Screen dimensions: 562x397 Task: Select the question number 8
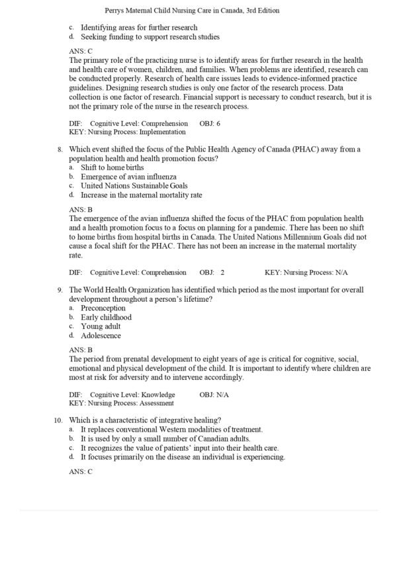coord(60,150)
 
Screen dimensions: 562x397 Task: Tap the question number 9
coord(60,290)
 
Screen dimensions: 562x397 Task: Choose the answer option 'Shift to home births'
coord(112,168)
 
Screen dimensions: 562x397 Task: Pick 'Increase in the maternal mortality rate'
coord(141,195)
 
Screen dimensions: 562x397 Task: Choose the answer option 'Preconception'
coord(103,308)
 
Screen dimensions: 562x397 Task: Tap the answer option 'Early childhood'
coord(106,318)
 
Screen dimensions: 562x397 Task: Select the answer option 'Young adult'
coord(101,326)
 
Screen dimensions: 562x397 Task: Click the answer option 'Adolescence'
coord(101,336)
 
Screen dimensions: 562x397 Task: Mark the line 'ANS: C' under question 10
coord(81,472)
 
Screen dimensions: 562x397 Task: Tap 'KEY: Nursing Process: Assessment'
coord(121,402)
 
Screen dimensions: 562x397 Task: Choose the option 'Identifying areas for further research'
coord(139,28)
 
